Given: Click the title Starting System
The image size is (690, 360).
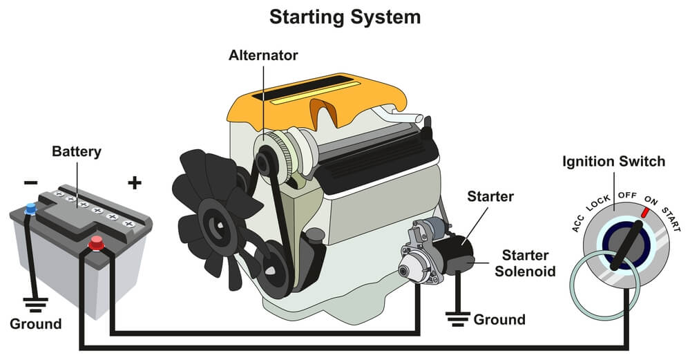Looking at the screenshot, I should pos(345,16).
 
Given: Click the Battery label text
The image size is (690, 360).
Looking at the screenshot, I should pos(77,151).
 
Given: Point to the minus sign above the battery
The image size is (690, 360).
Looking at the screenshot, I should pos(31,182).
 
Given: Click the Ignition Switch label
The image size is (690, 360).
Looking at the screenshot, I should pos(614,162).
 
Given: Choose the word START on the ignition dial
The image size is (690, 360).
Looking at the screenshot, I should pos(671,219).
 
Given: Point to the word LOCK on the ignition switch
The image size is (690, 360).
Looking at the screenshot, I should pos(598,203).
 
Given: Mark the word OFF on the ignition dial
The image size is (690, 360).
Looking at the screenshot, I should pos(627,196).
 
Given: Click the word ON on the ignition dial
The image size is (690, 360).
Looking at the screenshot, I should pos(651,201).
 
